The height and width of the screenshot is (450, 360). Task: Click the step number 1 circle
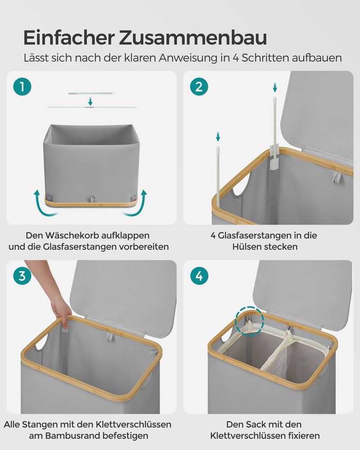(x=22, y=87)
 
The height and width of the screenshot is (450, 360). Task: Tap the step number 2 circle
(x=199, y=87)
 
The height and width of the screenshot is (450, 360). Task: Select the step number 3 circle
(x=22, y=276)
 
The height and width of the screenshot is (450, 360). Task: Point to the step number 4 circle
(x=199, y=276)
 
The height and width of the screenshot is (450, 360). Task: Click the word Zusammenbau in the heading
(x=193, y=37)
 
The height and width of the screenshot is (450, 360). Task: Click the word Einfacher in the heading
(x=69, y=37)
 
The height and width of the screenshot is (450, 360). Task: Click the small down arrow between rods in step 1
(x=90, y=101)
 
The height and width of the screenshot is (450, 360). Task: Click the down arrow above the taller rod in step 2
(x=275, y=87)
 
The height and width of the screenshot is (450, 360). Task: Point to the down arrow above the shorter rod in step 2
(x=218, y=137)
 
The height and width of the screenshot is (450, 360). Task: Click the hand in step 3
(x=61, y=311)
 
